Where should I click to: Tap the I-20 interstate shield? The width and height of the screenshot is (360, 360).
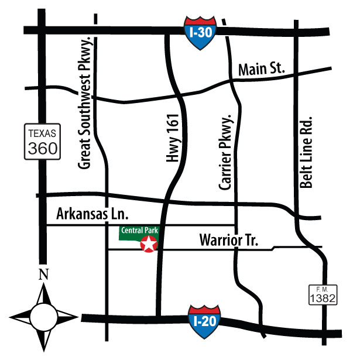pyautogui.click(x=204, y=320)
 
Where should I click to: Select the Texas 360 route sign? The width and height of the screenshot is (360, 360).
pyautogui.click(x=43, y=141)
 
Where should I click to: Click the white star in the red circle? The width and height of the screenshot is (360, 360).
pyautogui.click(x=149, y=245)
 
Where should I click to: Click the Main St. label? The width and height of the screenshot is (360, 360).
pyautogui.click(x=262, y=70)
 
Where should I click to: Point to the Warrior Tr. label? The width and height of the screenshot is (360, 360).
pyautogui.click(x=228, y=239)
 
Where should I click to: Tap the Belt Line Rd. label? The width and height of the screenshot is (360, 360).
pyautogui.click(x=306, y=152)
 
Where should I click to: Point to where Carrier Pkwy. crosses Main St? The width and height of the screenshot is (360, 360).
pyautogui.click(x=233, y=78)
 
